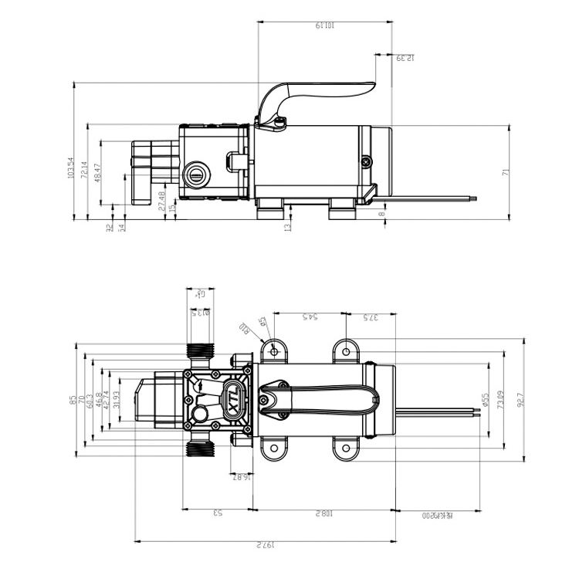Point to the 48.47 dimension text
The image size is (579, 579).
(97, 171)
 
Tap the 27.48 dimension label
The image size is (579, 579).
(161, 200)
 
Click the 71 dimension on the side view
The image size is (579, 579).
(506, 172)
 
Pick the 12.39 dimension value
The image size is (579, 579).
(405, 58)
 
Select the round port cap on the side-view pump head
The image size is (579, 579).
(198, 172)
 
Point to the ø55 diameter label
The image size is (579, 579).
(485, 399)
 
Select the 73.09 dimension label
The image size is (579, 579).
(501, 400)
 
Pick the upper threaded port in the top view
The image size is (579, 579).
(201, 350)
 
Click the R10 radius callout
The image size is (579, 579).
(244, 330)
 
